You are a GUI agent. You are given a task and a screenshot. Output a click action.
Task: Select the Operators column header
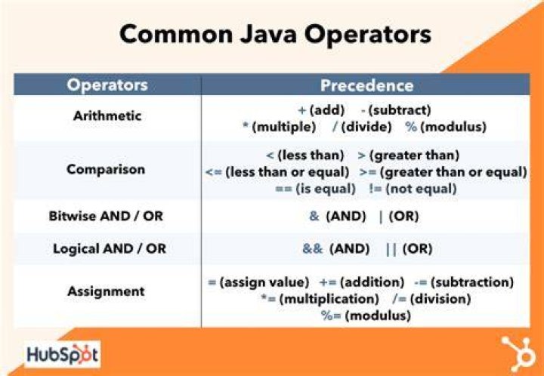tap(107, 85)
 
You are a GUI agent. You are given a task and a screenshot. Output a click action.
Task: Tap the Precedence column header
tap(366, 85)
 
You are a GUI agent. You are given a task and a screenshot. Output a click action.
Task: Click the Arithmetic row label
tap(107, 116)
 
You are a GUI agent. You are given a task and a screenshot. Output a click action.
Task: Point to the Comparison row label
tap(106, 169)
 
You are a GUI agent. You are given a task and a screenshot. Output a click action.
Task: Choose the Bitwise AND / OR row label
tap(106, 216)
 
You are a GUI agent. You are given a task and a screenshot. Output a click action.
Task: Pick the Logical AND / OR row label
tap(110, 248)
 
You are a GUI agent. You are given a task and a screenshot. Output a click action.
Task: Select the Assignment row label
tap(107, 291)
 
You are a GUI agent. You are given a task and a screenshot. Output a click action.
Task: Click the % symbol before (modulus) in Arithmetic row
tap(411, 127)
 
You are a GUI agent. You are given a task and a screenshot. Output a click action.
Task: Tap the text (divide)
tap(366, 127)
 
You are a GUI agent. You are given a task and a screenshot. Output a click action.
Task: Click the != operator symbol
tap(376, 189)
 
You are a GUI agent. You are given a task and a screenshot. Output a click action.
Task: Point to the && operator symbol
tap(313, 248)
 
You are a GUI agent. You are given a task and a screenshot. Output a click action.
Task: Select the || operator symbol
tap(391, 249)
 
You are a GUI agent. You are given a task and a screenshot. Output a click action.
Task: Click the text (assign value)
tap(264, 282)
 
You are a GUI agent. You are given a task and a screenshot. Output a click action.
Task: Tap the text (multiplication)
tap(329, 299)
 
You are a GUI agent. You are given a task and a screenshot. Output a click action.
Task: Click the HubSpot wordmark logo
tap(63, 355)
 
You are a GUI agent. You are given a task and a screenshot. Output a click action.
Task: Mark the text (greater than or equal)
tap(453, 172)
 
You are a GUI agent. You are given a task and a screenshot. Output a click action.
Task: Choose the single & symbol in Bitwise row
tap(314, 216)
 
